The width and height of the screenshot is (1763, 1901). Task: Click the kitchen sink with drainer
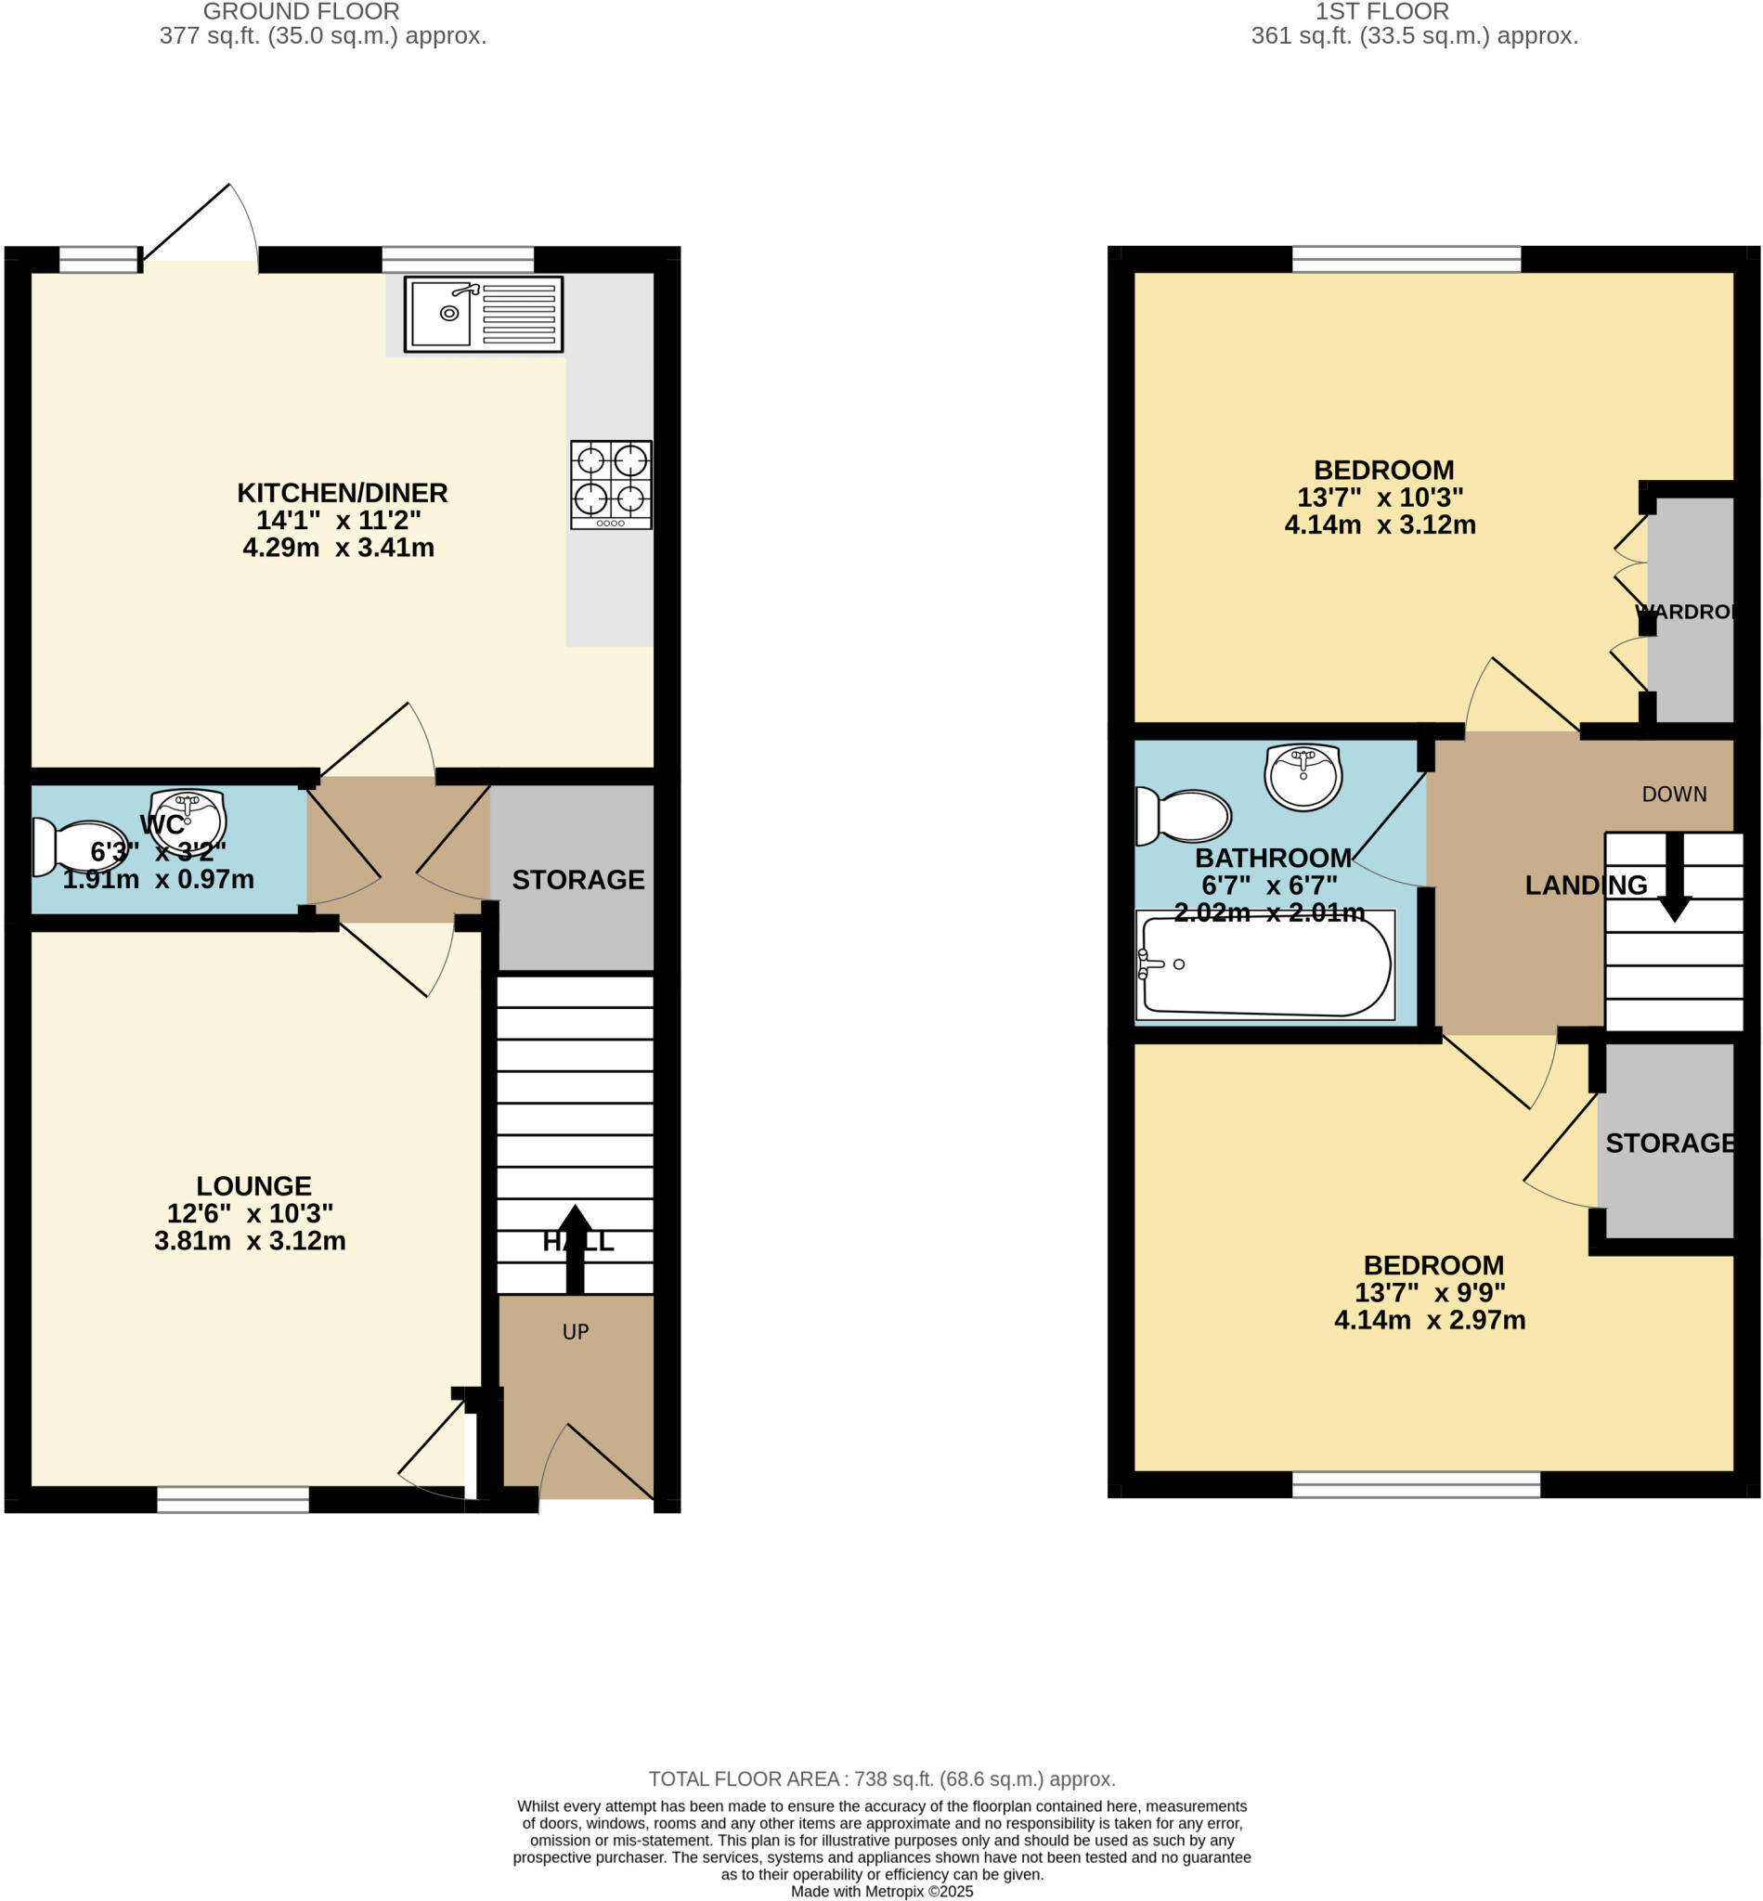click(484, 315)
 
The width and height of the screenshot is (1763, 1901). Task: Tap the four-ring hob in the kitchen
click(611, 485)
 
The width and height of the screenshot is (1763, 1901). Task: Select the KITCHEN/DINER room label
click(342, 493)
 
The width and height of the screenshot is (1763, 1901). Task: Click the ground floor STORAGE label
click(578, 879)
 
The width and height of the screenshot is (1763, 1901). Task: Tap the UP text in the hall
click(576, 1332)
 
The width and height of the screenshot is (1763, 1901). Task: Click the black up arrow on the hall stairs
click(575, 1248)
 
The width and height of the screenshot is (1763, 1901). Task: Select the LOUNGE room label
click(253, 1185)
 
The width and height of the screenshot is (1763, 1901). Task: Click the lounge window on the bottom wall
click(233, 1500)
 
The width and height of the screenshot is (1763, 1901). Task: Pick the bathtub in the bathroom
click(1265, 965)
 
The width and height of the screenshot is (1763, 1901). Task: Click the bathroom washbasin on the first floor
click(1303, 776)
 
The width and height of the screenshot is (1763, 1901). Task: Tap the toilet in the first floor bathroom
click(1182, 817)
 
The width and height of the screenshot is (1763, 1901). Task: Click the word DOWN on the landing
click(1674, 794)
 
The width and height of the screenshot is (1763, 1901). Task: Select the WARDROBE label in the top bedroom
click(1686, 612)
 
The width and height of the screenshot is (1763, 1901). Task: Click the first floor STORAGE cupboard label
click(1669, 1143)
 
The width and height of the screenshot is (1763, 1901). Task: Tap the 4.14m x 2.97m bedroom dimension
click(1429, 1320)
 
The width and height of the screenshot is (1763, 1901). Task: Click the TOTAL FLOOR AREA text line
click(882, 1778)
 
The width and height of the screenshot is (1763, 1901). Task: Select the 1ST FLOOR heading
click(1381, 11)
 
